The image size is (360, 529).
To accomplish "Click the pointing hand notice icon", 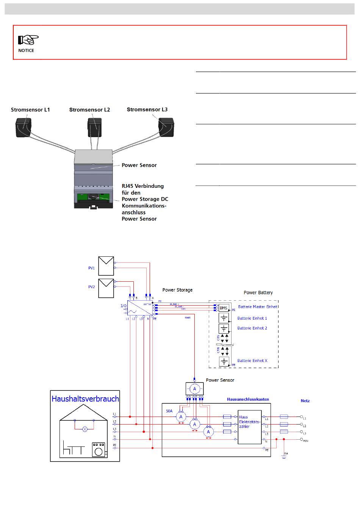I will coord(28,40).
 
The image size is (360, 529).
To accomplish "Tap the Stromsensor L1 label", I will coord(30,110).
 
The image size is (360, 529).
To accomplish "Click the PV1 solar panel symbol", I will coord(106,266).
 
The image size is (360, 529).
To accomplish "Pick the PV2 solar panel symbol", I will coord(106,288).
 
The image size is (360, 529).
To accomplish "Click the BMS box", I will coord(224,308).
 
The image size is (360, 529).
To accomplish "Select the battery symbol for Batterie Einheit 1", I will coord(224,318).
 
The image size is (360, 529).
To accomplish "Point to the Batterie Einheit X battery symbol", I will coord(224,361).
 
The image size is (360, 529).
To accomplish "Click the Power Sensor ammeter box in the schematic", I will coord(194,389).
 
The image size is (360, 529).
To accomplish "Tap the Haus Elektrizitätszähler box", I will coord(249,427).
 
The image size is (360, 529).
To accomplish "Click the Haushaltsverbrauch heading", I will coord(85,399).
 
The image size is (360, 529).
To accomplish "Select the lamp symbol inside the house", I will coord(85,429).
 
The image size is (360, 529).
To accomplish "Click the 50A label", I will coord(169,410).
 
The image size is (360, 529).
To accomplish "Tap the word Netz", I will coord(305,400).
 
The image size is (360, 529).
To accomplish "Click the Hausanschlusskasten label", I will coord(248,399).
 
